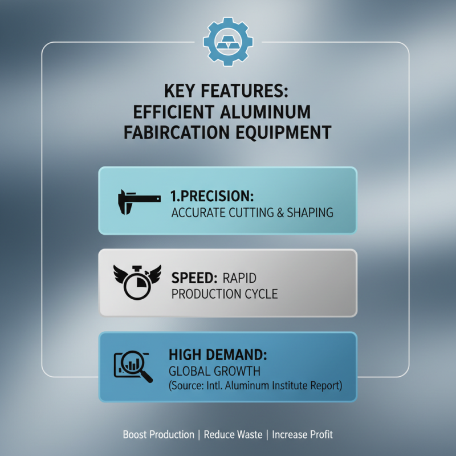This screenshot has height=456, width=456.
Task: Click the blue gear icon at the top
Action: click(x=228, y=42)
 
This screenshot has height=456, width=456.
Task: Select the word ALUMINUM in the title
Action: click(x=266, y=112)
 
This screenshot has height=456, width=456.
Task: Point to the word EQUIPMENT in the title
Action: click(x=283, y=133)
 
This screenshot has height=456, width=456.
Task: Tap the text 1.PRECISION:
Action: click(x=212, y=196)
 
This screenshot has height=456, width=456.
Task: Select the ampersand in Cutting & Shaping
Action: click(x=280, y=213)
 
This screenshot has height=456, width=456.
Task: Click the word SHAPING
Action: click(x=310, y=213)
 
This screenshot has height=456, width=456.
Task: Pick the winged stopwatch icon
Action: click(x=137, y=282)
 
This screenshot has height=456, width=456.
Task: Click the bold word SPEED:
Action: click(x=194, y=278)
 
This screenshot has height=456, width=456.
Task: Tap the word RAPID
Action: click(x=239, y=278)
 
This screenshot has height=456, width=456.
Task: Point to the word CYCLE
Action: click(x=261, y=294)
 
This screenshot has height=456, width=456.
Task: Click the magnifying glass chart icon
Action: click(x=133, y=366)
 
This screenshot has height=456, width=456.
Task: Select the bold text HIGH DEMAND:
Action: click(x=218, y=355)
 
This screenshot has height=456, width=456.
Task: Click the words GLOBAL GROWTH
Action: click(x=215, y=372)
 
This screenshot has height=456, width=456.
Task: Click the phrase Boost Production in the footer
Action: click(x=158, y=434)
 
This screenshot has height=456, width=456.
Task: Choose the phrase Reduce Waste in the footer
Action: click(x=233, y=434)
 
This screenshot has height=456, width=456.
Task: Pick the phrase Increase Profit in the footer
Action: click(x=302, y=434)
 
